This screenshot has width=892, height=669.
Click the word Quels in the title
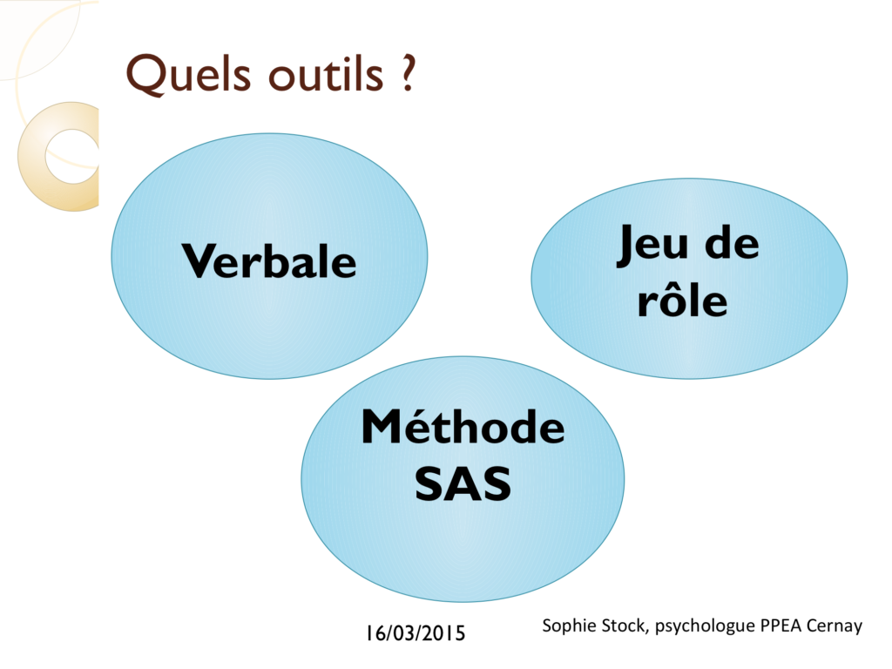click(x=188, y=74)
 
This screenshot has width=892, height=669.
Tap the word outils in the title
click(x=326, y=74)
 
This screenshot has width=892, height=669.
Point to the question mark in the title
click(x=408, y=73)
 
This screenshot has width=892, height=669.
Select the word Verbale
click(x=269, y=261)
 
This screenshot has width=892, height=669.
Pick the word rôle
click(x=683, y=298)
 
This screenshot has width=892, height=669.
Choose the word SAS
click(x=463, y=483)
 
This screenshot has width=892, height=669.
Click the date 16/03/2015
click(x=416, y=633)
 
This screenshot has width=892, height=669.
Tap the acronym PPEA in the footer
click(x=781, y=625)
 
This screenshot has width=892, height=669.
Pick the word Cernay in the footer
click(x=835, y=626)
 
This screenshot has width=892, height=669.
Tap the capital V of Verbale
click(x=203, y=260)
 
